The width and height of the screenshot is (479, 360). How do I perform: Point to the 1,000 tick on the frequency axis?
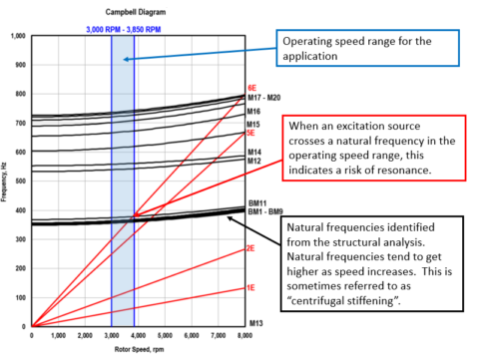(18, 37)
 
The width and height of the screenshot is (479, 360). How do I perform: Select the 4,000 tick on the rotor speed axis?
(140, 336)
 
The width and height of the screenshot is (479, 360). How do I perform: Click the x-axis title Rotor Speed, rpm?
(140, 349)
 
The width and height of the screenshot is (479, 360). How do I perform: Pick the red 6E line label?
(252, 88)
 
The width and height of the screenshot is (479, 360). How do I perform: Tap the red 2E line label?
(252, 248)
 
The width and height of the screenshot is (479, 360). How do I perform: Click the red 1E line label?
(252, 287)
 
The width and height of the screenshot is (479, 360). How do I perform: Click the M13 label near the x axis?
(254, 324)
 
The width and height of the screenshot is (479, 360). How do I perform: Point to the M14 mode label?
(254, 152)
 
